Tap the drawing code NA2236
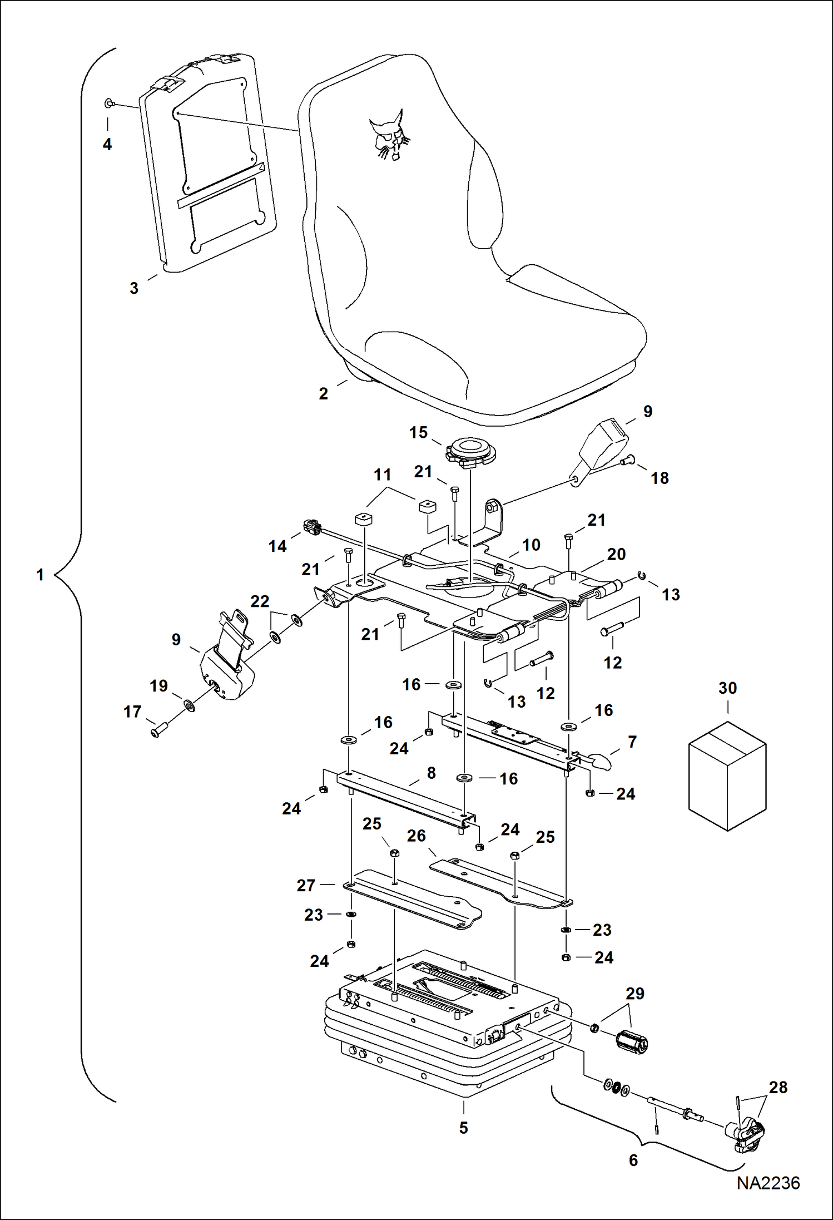click(x=768, y=1183)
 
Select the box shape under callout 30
click(x=727, y=776)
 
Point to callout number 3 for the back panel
click(x=134, y=288)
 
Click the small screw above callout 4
click(x=109, y=103)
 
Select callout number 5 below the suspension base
click(x=463, y=1128)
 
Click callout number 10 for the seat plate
click(x=531, y=545)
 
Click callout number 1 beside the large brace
click(x=40, y=575)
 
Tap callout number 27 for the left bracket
click(x=306, y=885)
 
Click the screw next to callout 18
click(x=628, y=460)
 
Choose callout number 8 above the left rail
click(x=431, y=773)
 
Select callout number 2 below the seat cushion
click(x=323, y=394)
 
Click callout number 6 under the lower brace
click(x=633, y=1160)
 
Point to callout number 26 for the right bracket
click(x=416, y=836)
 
